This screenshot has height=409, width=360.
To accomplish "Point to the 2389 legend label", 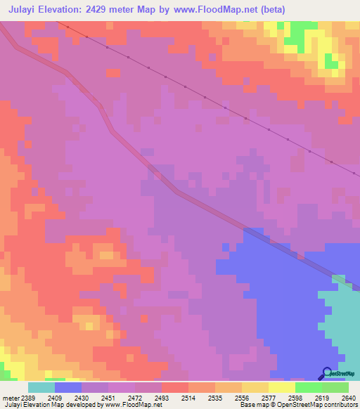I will point(27,397).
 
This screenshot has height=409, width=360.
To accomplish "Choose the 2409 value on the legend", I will point(54,397).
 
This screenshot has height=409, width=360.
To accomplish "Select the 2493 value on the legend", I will point(161,397).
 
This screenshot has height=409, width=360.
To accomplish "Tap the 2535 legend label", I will point(214,397).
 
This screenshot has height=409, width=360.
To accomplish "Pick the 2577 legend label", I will point(268,397).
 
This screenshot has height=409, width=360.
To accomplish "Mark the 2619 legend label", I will point(321,397).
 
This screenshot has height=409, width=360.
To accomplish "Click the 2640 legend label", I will point(348,397).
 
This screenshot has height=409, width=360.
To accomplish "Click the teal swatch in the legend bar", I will point(41,387).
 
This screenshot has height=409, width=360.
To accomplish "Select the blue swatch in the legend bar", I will point(67,387).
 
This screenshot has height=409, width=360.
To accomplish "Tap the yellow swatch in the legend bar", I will point(281,387).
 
